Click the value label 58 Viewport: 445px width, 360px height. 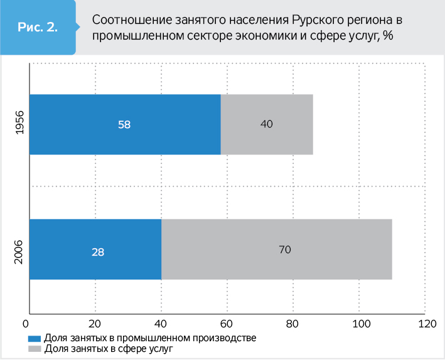pos(124,124)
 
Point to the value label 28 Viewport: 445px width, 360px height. pos(97,252)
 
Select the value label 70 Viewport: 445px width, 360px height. pos(285,249)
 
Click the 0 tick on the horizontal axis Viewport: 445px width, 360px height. pos(26,324)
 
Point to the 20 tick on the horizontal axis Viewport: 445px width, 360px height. pos(95,324)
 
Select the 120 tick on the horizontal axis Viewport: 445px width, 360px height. pos(426,324)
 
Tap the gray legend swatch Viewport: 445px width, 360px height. pos(35,348)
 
